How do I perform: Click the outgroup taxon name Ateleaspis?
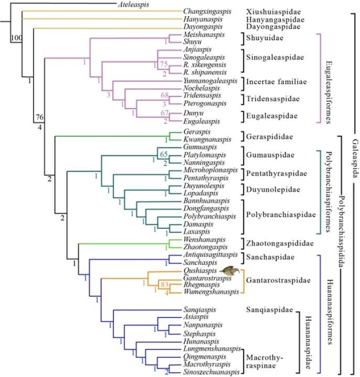133,4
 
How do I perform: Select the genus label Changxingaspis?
207,11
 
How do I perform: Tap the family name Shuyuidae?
265,38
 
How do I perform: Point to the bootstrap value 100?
16,38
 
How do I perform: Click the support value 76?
40,117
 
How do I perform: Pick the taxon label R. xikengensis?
205,65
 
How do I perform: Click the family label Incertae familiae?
276,82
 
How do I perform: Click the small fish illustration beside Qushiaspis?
230,271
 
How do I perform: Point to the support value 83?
164,285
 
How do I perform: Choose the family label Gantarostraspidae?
278,281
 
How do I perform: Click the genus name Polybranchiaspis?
209,216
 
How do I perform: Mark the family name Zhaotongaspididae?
280,243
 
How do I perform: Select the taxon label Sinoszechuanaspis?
211,372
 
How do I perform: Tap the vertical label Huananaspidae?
308,343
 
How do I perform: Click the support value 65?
164,154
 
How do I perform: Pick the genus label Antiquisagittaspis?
211,255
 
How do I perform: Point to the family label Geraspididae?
269,137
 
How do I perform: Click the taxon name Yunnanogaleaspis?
211,81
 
